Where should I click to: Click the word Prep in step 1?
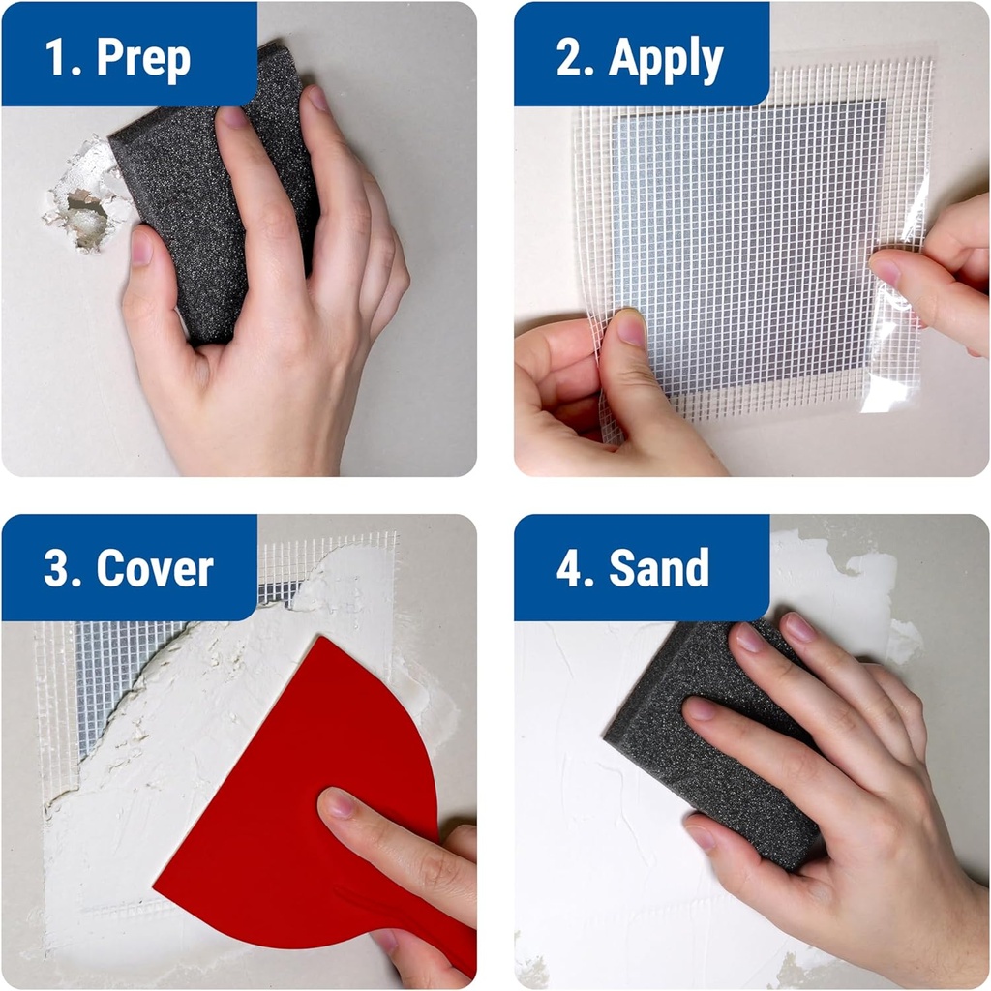pyautogui.click(x=143, y=59)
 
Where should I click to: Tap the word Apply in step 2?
pyautogui.click(x=666, y=60)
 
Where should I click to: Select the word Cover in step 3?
pyautogui.click(x=155, y=569)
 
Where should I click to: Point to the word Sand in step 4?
pyautogui.click(x=659, y=568)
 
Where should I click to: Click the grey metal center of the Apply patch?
pyautogui.click(x=745, y=242)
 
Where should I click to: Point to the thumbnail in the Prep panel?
pyautogui.click(x=141, y=247)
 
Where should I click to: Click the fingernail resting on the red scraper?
pyautogui.click(x=341, y=803)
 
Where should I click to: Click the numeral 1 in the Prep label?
pyautogui.click(x=58, y=59)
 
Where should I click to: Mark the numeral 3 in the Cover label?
pyautogui.click(x=58, y=569)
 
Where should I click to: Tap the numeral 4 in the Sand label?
pyautogui.click(x=569, y=568)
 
